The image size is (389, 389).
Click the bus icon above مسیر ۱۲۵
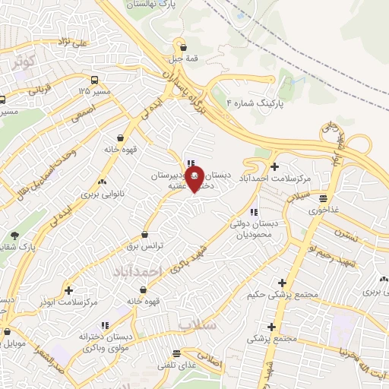pos(94,80)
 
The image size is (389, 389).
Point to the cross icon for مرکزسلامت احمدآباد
pos(274,166)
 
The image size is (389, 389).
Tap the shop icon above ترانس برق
pos(145,236)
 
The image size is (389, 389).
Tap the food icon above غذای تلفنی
pos(176,353)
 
